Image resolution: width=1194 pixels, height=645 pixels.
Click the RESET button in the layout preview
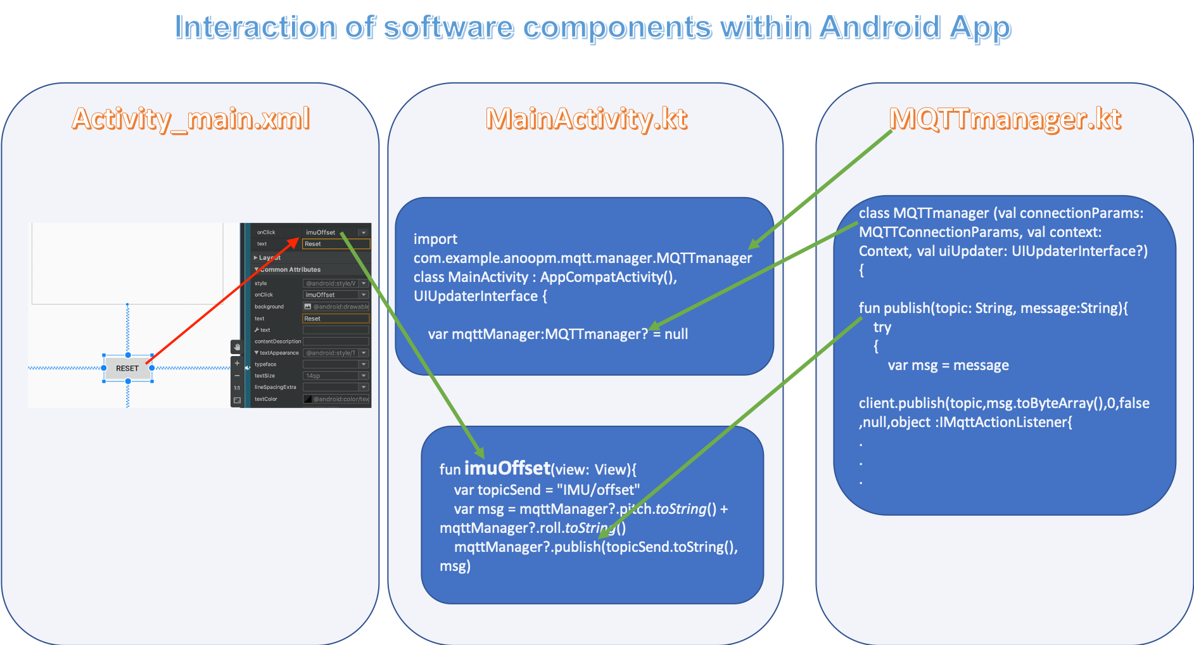click(127, 368)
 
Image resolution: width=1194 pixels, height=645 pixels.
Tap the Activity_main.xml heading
click(191, 118)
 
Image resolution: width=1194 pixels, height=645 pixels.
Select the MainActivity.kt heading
click(586, 118)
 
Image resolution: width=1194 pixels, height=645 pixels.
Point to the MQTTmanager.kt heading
click(1005, 118)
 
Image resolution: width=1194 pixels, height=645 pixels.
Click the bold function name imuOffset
click(507, 468)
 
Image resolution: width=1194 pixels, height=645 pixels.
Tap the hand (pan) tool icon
click(236, 347)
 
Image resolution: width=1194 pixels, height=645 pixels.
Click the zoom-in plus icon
click(237, 364)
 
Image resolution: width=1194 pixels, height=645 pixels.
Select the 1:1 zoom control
click(237, 388)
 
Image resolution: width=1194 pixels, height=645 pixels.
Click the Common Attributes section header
click(290, 270)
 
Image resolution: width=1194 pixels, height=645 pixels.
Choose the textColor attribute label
click(266, 399)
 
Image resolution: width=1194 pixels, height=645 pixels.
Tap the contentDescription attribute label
click(277, 342)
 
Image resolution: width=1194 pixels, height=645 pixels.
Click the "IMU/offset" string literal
click(598, 490)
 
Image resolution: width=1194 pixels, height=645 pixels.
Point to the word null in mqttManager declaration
click(676, 334)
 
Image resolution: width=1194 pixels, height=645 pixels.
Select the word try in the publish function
click(882, 328)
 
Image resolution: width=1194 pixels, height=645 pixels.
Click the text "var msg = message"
click(948, 366)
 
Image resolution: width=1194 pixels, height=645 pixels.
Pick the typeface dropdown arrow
click(364, 364)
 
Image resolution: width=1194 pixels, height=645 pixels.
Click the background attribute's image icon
click(308, 307)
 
